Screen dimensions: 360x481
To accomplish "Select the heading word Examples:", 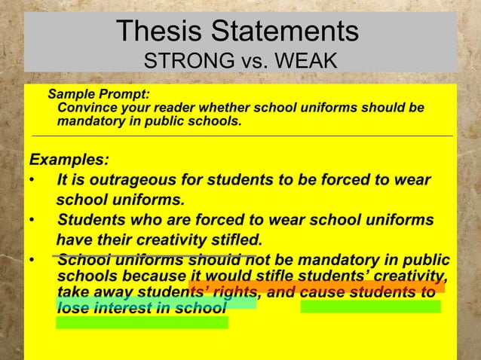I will coord(68,160).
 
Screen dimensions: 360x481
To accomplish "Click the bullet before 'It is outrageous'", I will coord(31,182).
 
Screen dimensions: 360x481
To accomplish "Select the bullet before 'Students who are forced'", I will coord(31,221).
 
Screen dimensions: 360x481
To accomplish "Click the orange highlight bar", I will coord(317,286).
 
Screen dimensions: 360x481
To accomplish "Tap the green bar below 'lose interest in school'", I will coord(142,322).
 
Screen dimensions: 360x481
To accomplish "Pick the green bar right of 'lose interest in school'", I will coord(370,306).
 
